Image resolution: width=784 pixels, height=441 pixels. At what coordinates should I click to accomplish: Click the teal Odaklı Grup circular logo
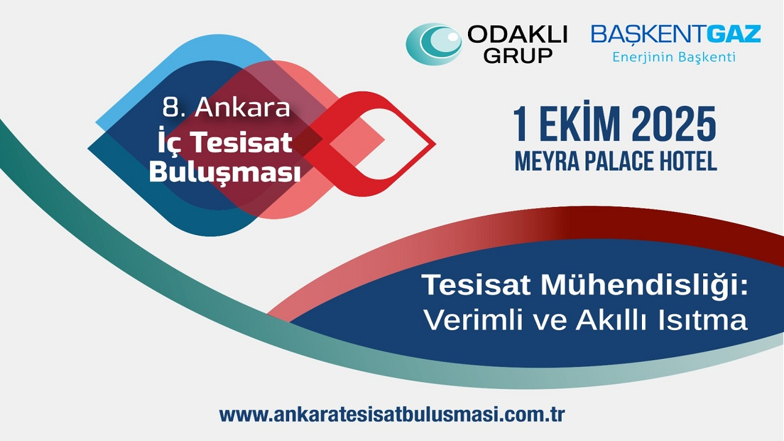[434, 43]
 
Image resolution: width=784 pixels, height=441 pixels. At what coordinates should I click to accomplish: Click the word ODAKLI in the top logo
[518, 35]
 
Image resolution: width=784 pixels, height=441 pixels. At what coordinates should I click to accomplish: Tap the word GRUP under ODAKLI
[518, 56]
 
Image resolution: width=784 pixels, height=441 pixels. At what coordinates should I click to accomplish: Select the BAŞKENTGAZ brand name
[676, 34]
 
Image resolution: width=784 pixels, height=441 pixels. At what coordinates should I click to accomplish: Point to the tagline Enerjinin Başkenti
[674, 58]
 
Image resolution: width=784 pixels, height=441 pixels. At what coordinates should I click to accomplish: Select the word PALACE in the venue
[616, 161]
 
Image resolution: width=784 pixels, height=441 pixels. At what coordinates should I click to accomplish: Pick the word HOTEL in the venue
[687, 161]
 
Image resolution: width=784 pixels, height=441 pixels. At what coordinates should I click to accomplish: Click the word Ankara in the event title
[242, 108]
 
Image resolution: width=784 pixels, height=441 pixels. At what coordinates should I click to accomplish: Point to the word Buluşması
[225, 173]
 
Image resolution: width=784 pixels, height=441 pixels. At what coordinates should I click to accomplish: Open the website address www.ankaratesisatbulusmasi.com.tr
[392, 414]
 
